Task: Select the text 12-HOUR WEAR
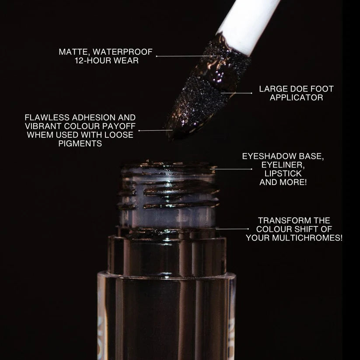[107, 61]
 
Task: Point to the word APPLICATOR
[296, 98]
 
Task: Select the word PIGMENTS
[80, 143]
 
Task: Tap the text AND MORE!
[283, 182]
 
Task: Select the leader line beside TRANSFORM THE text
[232, 228]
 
